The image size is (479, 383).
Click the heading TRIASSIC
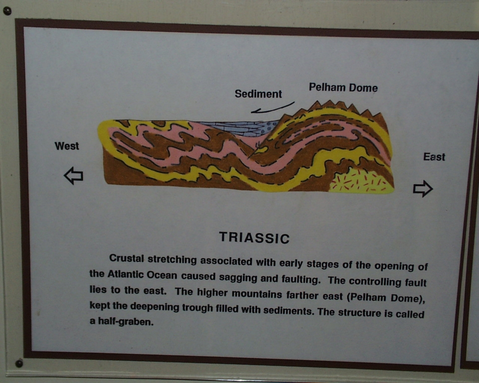pos(254,237)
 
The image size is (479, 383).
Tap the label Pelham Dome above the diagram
pos(343,88)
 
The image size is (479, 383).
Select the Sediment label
pos(258,94)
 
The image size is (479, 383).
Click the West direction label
pos(66,146)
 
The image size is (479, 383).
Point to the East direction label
pos(434,157)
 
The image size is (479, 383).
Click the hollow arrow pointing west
pos(73,176)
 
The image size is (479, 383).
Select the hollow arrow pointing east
pos(423,189)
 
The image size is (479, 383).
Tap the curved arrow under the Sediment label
pos(272,108)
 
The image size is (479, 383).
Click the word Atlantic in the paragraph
pos(126,274)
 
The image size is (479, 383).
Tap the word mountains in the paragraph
pos(256,294)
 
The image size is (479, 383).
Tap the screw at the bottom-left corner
pos(19,363)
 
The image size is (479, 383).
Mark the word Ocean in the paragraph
pos(162,275)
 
